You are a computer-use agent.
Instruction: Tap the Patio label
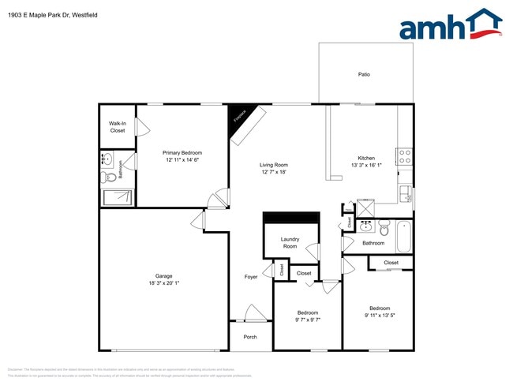coord(364,75)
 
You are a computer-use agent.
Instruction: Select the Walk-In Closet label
coord(118,127)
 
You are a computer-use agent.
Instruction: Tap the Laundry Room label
coord(290,243)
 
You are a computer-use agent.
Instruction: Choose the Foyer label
coord(251,277)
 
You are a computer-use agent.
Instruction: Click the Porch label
coord(250,337)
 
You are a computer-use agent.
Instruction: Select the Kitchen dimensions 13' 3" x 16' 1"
coord(367,166)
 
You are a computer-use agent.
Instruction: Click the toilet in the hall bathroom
coord(384,230)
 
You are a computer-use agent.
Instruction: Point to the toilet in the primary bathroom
coord(111,178)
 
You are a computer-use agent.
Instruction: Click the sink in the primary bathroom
coord(107,160)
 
